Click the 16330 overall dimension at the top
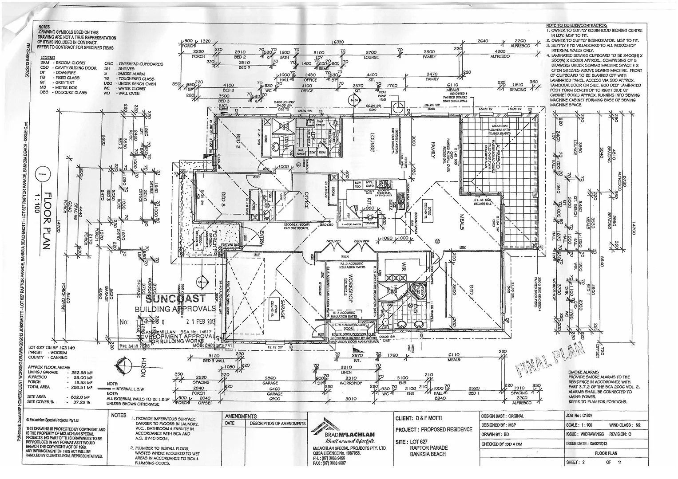pos(338,42)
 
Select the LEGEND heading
pos(48,58)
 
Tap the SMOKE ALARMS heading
pos(583,372)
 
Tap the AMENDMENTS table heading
pos(241,417)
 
